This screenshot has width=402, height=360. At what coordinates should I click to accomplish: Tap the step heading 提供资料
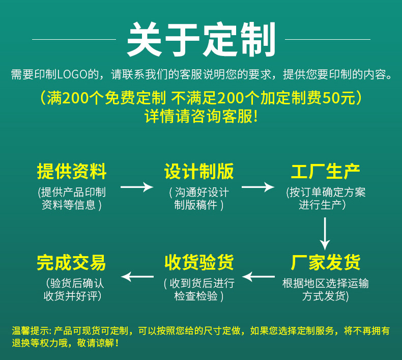pos(72,172)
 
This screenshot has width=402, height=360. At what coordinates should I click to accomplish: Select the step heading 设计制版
pos(199,172)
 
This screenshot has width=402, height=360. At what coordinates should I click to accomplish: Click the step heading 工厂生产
pos(326,172)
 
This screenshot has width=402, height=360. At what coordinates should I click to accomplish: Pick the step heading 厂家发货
pos(326,262)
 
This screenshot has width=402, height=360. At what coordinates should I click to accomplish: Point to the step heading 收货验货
pos(199,262)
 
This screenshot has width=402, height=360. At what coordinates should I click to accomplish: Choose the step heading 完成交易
pos(72,262)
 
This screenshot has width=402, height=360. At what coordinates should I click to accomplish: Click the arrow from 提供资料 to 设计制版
pos(136,187)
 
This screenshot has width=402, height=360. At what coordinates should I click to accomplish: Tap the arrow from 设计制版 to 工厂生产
pos(257,187)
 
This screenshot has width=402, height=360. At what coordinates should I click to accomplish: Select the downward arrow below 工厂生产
pos(325,233)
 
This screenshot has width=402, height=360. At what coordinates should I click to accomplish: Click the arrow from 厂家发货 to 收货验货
pos(259,276)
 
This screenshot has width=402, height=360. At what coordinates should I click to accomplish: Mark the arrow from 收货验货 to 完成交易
pos(137,276)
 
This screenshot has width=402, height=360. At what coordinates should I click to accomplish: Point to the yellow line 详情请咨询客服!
pos(201,117)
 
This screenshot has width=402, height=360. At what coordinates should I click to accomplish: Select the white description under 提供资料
pos(72,199)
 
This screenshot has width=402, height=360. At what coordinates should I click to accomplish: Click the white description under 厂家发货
pos(326,290)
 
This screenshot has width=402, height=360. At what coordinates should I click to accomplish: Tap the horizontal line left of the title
pos(74,39)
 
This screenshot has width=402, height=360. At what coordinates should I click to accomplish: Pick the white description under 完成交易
pos(72,290)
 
